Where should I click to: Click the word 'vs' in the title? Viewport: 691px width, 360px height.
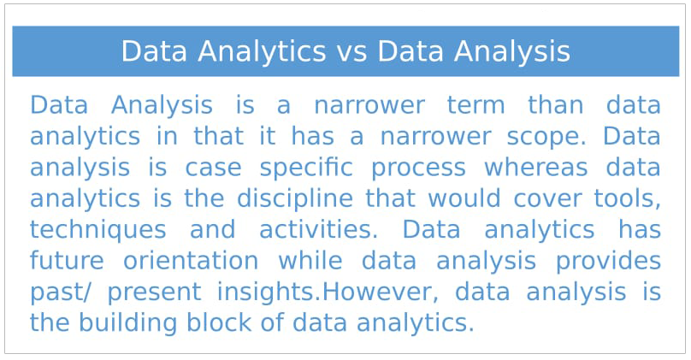point(351,52)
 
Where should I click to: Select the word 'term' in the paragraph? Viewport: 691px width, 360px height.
point(476,106)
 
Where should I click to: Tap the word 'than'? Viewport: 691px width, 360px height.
point(556,105)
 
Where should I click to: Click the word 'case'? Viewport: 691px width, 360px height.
point(213,168)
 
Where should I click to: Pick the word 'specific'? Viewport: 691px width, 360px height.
point(306,168)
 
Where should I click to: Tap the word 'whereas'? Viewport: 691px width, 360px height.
point(536,168)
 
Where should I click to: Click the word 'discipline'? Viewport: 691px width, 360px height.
point(295,198)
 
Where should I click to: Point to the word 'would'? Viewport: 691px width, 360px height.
point(464,198)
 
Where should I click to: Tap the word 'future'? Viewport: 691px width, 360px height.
point(67,261)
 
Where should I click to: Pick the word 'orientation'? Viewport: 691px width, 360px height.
point(191,261)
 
